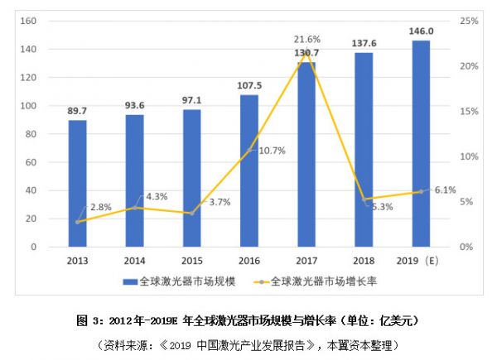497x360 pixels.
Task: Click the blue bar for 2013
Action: tap(77, 184)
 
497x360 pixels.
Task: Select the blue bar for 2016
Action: tap(248, 170)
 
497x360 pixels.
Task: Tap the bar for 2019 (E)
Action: tap(421, 143)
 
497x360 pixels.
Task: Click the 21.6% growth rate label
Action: tap(307, 40)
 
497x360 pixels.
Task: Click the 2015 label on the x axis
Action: tap(191, 260)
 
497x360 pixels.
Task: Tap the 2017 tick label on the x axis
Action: tap(306, 260)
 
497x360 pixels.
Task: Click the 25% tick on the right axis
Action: tap(470, 21)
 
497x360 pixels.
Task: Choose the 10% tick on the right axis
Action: tap(470, 156)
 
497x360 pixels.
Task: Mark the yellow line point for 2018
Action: tap(364, 199)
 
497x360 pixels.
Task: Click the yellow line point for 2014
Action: tap(134, 208)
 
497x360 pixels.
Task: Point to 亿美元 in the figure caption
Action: tap(397, 319)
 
